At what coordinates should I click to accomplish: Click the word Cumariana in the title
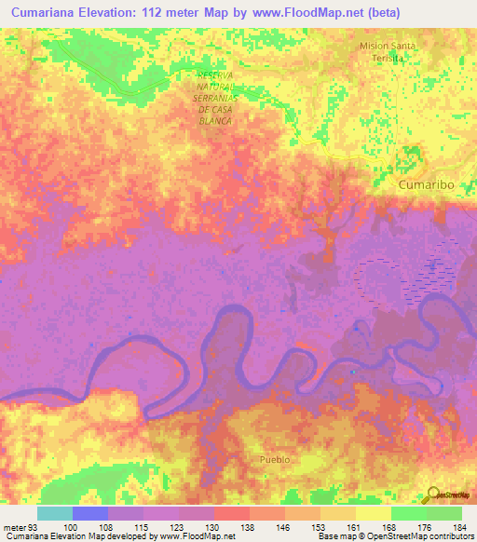tap(48, 12)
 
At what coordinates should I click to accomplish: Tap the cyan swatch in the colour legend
tap(55, 513)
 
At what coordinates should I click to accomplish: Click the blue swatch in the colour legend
tap(90, 513)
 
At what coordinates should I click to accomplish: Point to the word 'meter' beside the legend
tap(14, 528)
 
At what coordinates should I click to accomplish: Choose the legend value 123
tap(176, 528)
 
